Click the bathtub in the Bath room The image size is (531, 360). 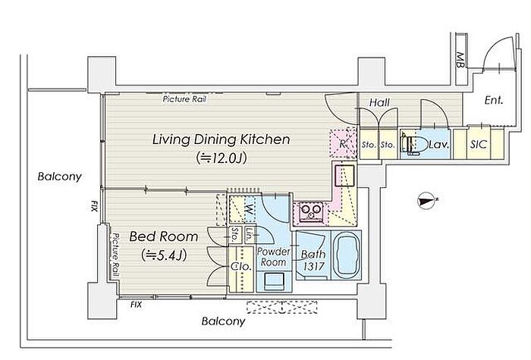pyautogui.click(x=346, y=255)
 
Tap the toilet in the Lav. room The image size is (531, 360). pyautogui.click(x=414, y=145)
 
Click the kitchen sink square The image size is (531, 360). pyautogui.click(x=344, y=175)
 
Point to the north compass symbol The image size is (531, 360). pyautogui.click(x=426, y=201)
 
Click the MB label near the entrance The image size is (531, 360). pyautogui.click(x=460, y=60)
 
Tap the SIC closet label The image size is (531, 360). pyautogui.click(x=479, y=145)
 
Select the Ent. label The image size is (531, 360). pyautogui.click(x=494, y=100)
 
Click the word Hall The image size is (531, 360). pyautogui.click(x=379, y=102)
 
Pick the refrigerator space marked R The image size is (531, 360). pyautogui.click(x=343, y=143)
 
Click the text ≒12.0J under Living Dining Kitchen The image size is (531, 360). pyautogui.click(x=222, y=158)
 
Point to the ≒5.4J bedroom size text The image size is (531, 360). pyautogui.click(x=164, y=255)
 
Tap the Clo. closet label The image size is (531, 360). pyautogui.click(x=241, y=266)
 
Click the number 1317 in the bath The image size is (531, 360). pyautogui.click(x=314, y=267)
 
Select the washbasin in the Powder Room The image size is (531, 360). pyautogui.click(x=273, y=281)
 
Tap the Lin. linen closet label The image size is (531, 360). pyautogui.click(x=250, y=234)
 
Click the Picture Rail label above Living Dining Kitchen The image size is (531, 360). pyautogui.click(x=184, y=99)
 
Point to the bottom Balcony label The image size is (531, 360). pyautogui.click(x=223, y=321)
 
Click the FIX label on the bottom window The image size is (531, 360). pyautogui.click(x=136, y=305)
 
